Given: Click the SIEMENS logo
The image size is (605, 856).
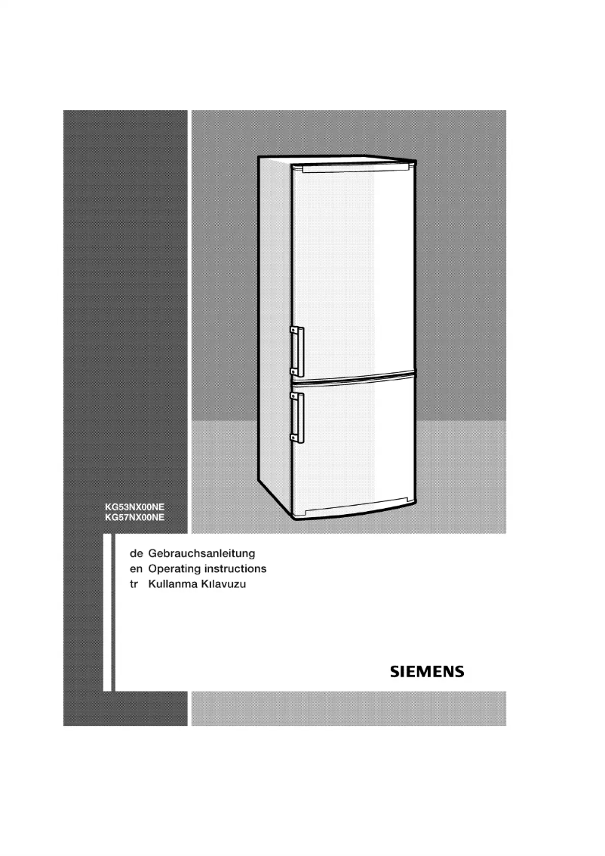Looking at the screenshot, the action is coord(426,670).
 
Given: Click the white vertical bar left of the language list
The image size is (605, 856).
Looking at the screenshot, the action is coord(106,611).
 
